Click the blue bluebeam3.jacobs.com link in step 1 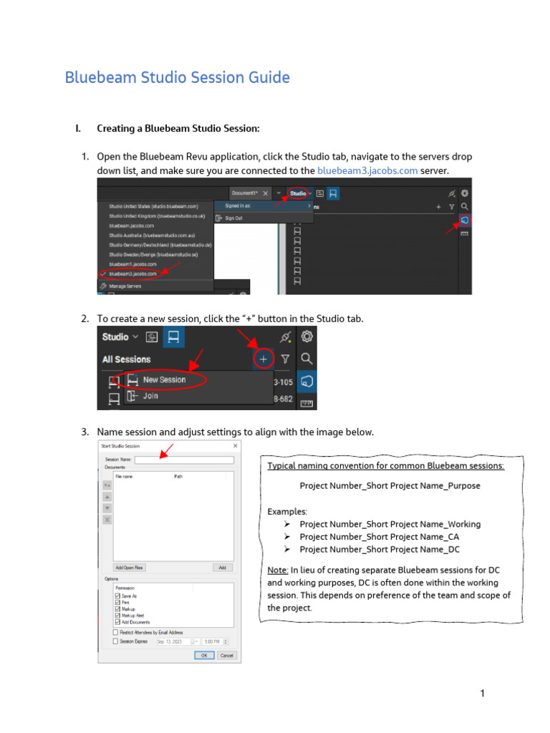click(x=367, y=170)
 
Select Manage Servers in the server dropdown click(x=126, y=286)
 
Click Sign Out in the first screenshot click(x=233, y=218)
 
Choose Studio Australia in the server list click(x=152, y=235)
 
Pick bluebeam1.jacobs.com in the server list click(x=132, y=263)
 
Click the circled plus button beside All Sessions click(x=264, y=359)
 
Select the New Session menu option click(x=164, y=380)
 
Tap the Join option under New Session click(x=150, y=396)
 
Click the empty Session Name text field click(x=184, y=460)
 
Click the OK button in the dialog click(x=204, y=655)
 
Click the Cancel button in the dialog click(x=226, y=655)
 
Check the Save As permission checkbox click(x=117, y=596)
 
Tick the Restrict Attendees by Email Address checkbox click(x=116, y=633)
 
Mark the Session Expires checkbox click(x=116, y=641)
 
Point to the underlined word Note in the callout click(x=278, y=569)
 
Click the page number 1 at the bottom click(x=483, y=693)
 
